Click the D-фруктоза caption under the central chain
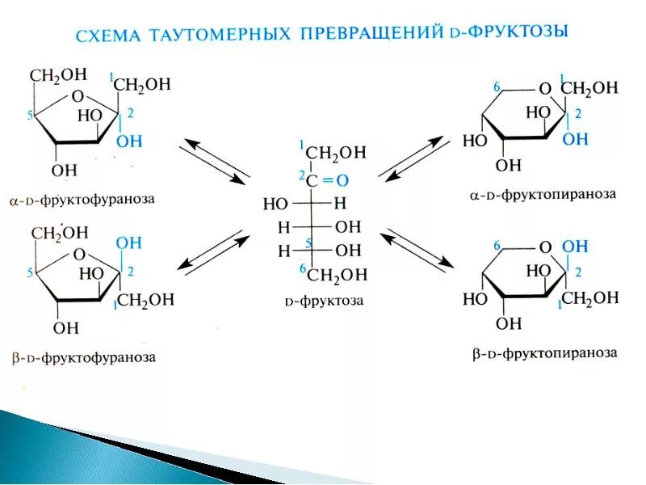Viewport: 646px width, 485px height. coord(324,302)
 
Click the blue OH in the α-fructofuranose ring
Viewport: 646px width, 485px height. coord(128,141)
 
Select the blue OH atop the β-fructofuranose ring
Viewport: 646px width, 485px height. coord(128,242)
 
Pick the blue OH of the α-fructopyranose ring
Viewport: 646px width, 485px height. coord(575,139)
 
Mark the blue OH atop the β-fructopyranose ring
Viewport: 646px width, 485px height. coord(575,246)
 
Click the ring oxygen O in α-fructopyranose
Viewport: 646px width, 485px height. coord(545,89)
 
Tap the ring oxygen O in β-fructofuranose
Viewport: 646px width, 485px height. coord(78,254)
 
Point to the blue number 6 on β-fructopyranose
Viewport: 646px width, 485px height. coord(497,246)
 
